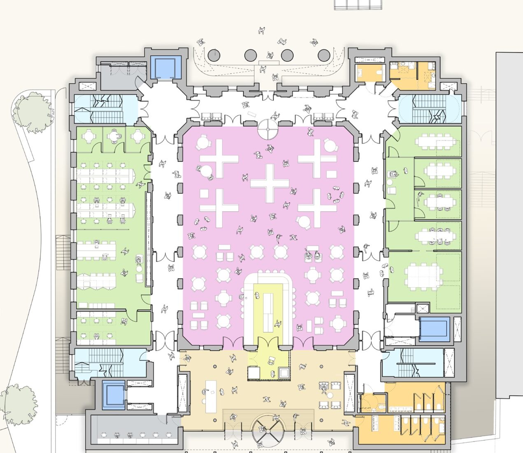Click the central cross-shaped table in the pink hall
270,183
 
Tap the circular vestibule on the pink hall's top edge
268,129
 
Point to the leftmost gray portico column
214,55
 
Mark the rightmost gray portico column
324,55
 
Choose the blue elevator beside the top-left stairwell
166,67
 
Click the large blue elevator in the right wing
434,329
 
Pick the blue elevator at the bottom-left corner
113,395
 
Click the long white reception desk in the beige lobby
210,395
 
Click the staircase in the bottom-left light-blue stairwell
101,362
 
